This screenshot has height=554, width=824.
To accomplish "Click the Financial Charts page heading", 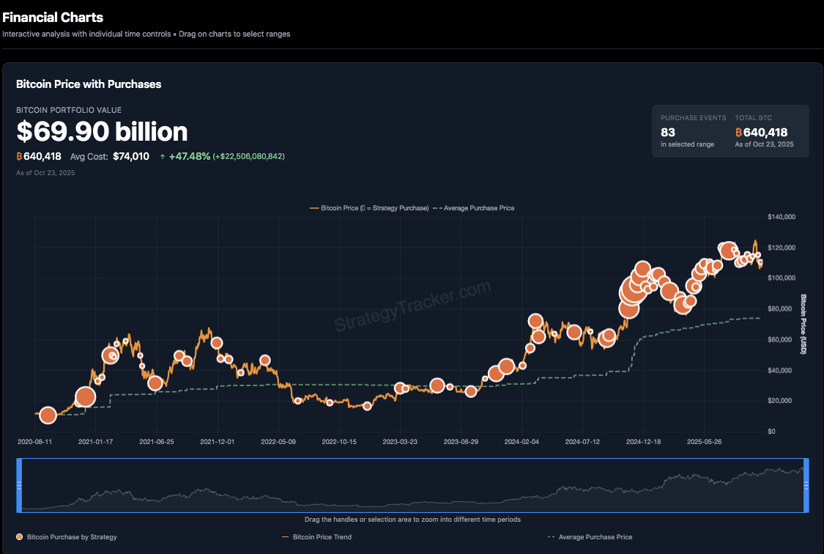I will (x=53, y=18).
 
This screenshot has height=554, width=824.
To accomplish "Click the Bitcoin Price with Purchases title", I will (x=89, y=84).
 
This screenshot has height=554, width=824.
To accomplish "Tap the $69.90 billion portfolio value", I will (x=102, y=132).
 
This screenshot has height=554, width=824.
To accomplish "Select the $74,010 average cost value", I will (x=131, y=156).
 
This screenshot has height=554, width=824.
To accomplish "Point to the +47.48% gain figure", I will (x=190, y=156).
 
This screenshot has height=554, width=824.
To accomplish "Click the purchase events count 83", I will (x=668, y=133).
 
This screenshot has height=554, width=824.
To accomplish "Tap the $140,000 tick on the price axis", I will (x=782, y=217).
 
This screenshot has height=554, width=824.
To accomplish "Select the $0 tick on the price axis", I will (x=772, y=431).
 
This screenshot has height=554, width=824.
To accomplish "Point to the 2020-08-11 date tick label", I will (x=35, y=442).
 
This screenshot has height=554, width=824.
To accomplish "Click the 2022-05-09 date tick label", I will (x=278, y=442).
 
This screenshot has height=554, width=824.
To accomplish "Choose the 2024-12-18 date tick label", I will (x=643, y=442).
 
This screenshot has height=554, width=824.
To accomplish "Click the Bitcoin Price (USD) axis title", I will (x=803, y=325).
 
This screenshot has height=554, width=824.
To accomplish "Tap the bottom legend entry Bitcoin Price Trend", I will (x=322, y=537).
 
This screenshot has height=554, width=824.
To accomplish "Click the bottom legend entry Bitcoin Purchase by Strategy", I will (x=72, y=537).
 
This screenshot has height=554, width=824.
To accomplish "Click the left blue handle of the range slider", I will (x=19, y=485).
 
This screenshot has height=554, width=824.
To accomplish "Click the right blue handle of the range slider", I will (x=805, y=485).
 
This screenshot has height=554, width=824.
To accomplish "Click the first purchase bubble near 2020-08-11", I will (x=48, y=415).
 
